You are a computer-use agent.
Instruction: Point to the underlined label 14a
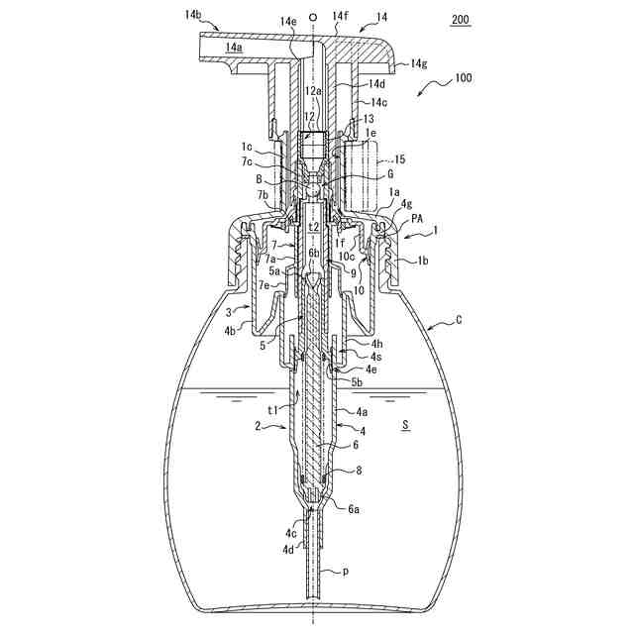[x=235, y=47]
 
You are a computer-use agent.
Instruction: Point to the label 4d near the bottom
[x=287, y=548]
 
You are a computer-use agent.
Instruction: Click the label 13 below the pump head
[x=369, y=118]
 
